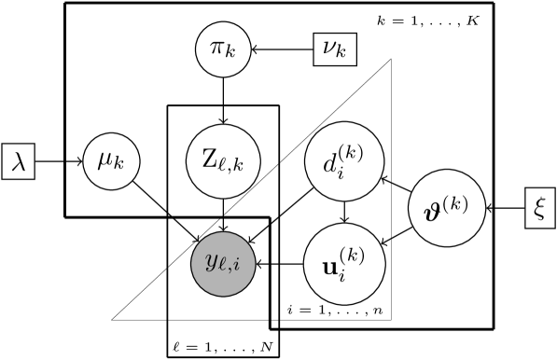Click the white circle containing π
pos(223,49)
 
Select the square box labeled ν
pos(334,48)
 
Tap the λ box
pos(19,161)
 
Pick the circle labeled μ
pos(112,160)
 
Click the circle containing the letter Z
pos(223,160)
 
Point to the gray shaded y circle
pos(223,264)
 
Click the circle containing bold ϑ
pos(448,208)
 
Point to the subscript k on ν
pos(341,53)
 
